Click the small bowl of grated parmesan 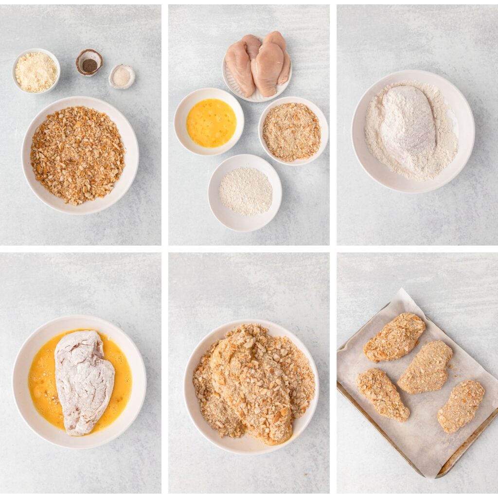[x=36, y=71]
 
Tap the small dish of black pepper [x=89, y=63]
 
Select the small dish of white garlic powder [x=122, y=76]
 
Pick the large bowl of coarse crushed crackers [x=78, y=155]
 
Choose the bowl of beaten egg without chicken [x=211, y=123]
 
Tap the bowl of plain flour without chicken [x=245, y=192]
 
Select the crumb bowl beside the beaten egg [x=292, y=131]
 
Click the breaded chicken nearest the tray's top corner [x=394, y=337]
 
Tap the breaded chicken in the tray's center [x=425, y=367]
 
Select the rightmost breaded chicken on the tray [x=461, y=405]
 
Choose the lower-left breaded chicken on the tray [x=383, y=394]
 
